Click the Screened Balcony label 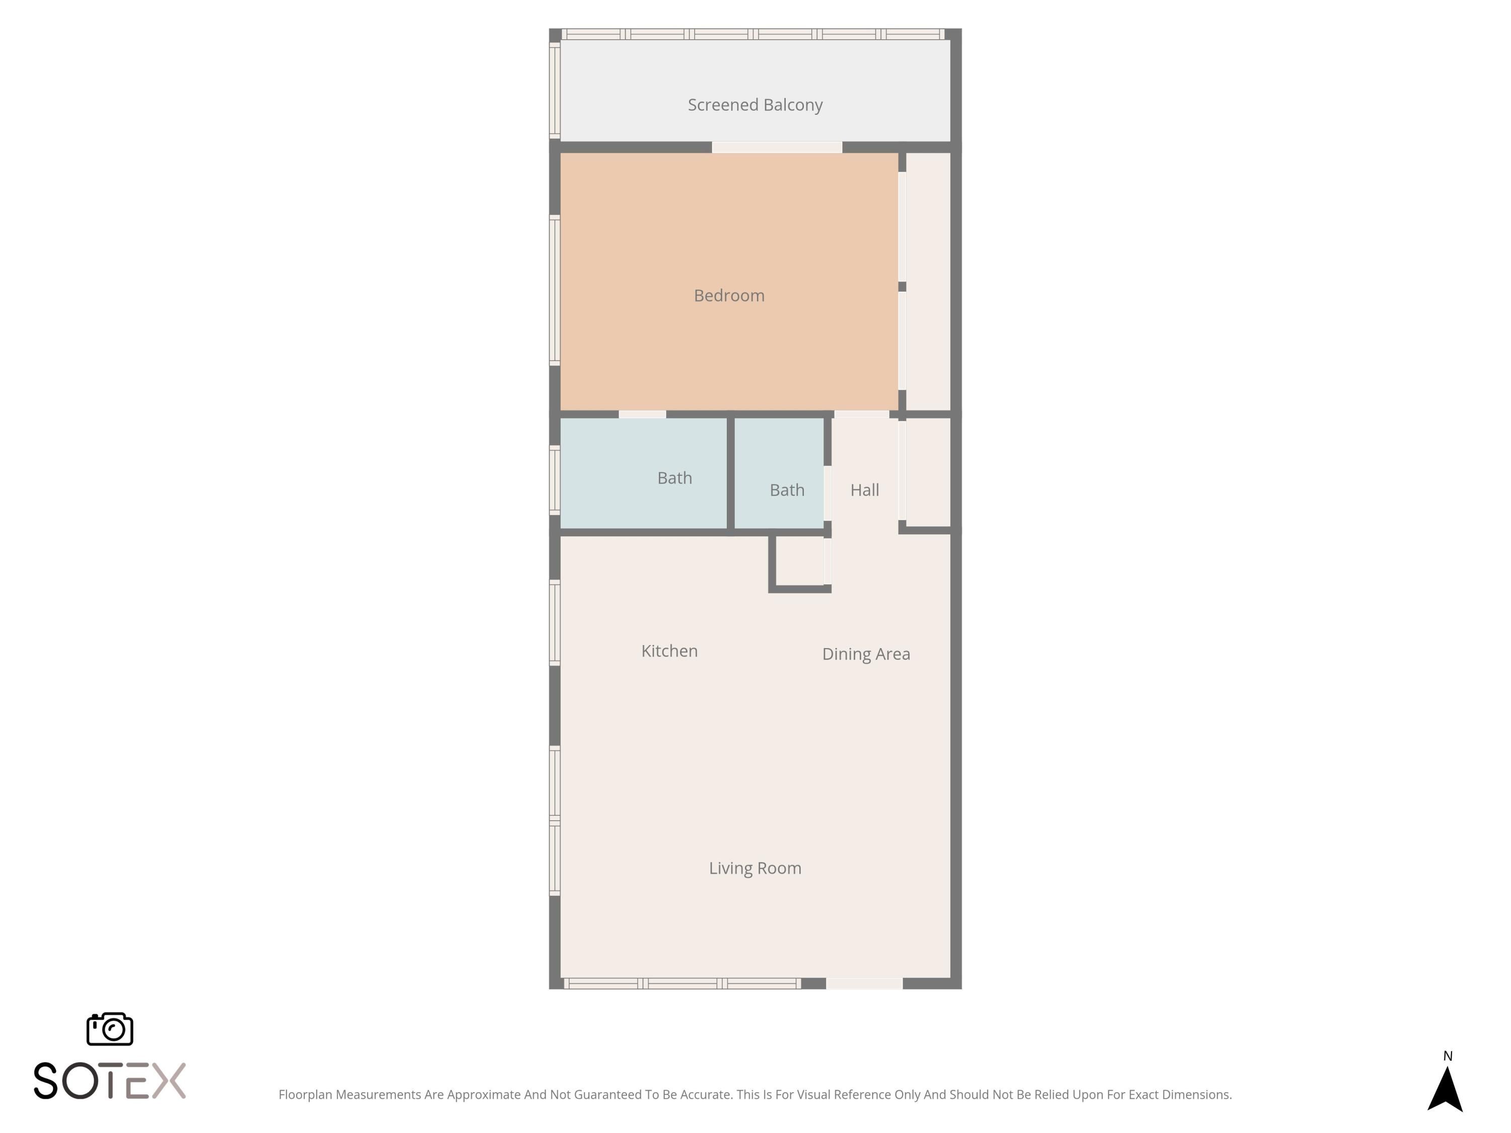pos(755,105)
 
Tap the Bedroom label pos(729,296)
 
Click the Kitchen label pos(669,651)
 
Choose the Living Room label pos(755,868)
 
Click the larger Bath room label pos(674,478)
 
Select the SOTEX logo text pos(109,1081)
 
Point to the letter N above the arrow pos(1448,1056)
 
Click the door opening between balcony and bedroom pos(777,147)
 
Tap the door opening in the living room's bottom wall pos(864,983)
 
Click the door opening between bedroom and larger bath pos(642,414)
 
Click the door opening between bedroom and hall pos(861,414)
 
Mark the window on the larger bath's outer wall pos(555,479)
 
